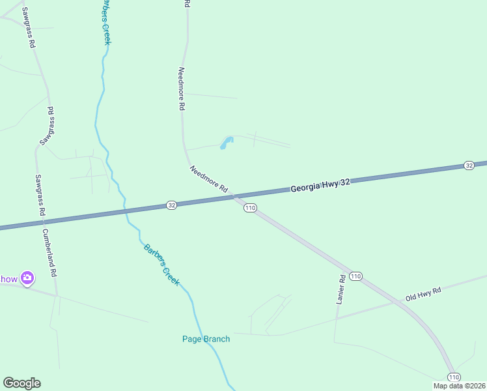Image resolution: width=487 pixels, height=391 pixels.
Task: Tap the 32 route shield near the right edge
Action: pyautogui.click(x=469, y=166)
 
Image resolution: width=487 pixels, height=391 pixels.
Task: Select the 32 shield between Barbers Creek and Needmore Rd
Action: pyautogui.click(x=171, y=205)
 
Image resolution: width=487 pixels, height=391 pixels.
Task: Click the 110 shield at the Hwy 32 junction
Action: pyautogui.click(x=251, y=208)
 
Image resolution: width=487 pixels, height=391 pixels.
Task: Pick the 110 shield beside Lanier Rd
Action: pyautogui.click(x=355, y=276)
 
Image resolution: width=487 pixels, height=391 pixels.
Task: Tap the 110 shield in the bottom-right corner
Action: pyautogui.click(x=454, y=377)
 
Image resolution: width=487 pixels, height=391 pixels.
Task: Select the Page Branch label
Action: pyautogui.click(x=206, y=339)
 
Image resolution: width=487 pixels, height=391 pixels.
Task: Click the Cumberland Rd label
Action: pyautogui.click(x=49, y=253)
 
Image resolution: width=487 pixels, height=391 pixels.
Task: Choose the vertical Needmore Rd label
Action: pyautogui.click(x=182, y=89)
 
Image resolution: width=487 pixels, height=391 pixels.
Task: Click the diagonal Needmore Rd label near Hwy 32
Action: pyautogui.click(x=209, y=179)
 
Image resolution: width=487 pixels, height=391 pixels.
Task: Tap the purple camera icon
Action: pyautogui.click(x=27, y=278)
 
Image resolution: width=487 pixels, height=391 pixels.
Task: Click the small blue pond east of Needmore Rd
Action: pyautogui.click(x=226, y=143)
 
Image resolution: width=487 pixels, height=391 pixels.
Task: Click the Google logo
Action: pyautogui.click(x=21, y=383)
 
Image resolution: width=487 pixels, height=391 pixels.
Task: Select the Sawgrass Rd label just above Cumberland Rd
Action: pyautogui.click(x=40, y=195)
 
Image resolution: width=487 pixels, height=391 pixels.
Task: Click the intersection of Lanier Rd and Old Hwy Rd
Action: pyautogui.click(x=337, y=317)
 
